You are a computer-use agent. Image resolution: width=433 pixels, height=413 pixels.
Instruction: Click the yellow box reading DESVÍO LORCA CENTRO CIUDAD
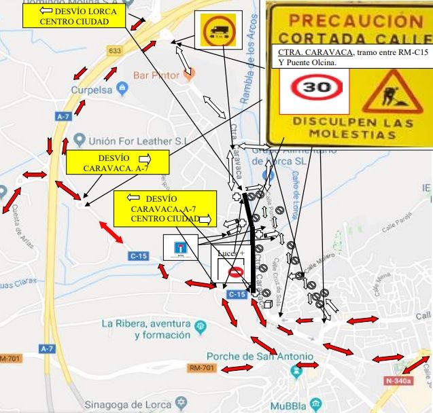74,17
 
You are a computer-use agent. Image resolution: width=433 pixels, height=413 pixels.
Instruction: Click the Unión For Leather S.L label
129,141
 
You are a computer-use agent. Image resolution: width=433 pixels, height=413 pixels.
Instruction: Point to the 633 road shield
114,51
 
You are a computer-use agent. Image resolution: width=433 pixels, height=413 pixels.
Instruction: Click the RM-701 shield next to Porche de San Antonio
204,369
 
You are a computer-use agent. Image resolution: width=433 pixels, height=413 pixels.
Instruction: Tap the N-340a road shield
398,380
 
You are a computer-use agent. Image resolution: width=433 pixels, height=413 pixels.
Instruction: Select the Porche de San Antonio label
260,357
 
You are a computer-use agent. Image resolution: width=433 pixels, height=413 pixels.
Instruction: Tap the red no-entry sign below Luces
235,272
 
